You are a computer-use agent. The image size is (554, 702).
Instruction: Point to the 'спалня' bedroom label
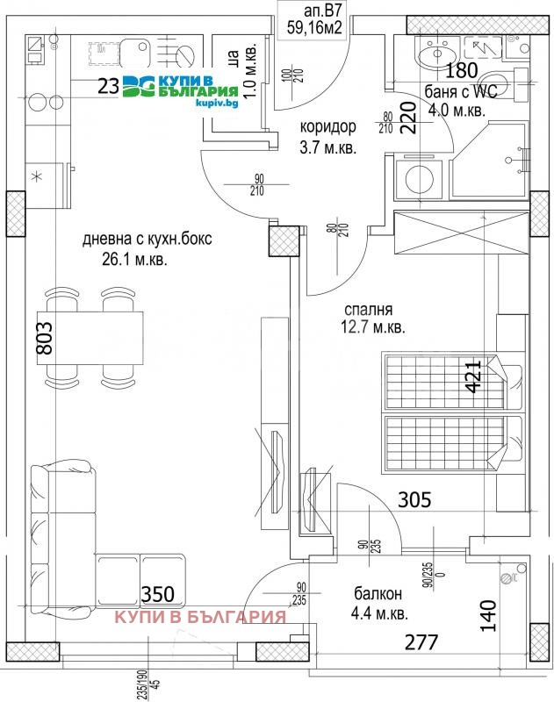tap(367, 309)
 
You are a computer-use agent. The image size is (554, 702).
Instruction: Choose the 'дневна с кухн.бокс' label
tap(147, 239)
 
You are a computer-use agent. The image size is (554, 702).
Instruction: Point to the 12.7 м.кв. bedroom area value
tap(373, 328)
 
